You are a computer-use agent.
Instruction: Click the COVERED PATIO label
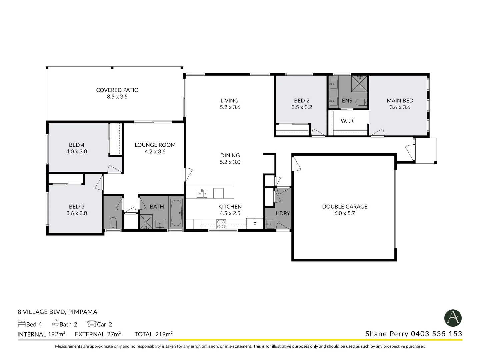117,90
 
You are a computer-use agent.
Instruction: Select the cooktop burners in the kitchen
221,224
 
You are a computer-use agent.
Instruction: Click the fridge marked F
255,224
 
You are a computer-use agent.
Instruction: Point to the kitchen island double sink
202,193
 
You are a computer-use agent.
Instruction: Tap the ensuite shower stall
360,84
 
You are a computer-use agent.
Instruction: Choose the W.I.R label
347,121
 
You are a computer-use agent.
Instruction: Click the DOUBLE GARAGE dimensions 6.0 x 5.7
345,213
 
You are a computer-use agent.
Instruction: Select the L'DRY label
283,213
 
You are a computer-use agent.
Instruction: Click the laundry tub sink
270,224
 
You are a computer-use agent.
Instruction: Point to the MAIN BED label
400,101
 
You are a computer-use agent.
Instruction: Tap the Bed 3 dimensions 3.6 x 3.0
77,213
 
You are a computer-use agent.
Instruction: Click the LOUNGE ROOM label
155,145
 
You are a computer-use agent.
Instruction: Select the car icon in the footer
92,323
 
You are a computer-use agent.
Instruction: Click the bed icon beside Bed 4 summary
21,323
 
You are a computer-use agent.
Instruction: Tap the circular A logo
453,318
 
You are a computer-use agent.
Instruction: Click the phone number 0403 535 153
436,334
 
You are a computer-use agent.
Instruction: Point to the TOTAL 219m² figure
154,334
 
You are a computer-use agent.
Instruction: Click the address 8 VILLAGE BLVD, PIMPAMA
58,312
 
